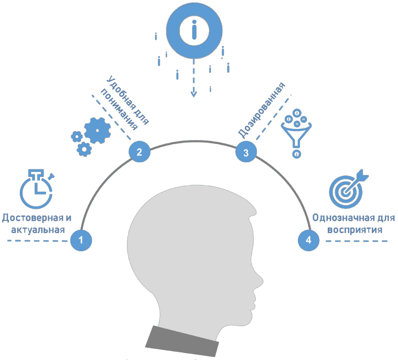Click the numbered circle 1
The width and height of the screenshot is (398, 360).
click(x=81, y=240)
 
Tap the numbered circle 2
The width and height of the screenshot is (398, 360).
click(x=139, y=151)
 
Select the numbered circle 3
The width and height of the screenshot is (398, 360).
click(x=246, y=153)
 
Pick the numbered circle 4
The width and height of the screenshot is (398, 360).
click(x=308, y=240)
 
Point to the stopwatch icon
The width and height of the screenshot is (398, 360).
click(x=35, y=190)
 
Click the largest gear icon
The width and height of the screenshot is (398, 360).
click(x=97, y=130)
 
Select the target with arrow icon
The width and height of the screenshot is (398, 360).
click(x=347, y=191)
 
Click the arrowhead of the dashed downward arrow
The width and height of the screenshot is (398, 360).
click(x=193, y=94)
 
